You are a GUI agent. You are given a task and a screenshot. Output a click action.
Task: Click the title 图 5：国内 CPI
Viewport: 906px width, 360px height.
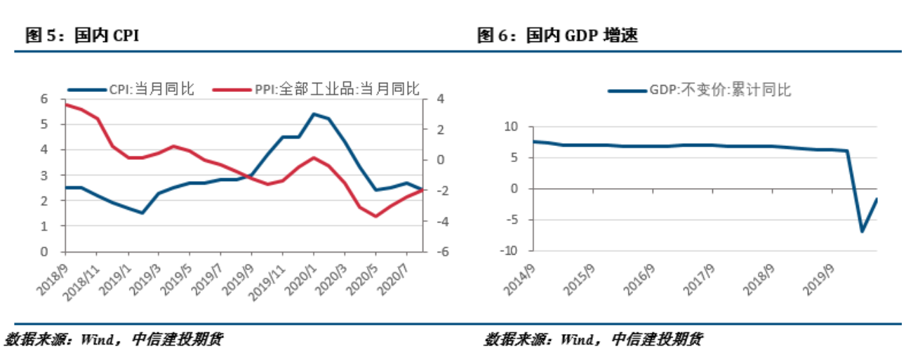pos(82,36)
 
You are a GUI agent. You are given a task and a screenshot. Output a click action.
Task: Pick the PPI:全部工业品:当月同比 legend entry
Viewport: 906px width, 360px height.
pos(316,89)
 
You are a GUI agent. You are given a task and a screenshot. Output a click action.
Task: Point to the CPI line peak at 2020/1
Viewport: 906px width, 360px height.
pos(314,114)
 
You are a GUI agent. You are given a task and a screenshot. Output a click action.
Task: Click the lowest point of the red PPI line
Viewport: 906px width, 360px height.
pos(375,216)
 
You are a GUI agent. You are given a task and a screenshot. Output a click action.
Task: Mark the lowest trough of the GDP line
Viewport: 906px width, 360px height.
pos(862,231)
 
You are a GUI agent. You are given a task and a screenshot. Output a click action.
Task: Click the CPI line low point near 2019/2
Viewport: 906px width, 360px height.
pos(142,213)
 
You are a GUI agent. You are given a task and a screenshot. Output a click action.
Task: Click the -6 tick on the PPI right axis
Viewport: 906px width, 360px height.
pos(437,252)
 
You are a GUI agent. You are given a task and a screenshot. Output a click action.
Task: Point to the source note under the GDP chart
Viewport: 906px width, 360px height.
pos(593,340)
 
